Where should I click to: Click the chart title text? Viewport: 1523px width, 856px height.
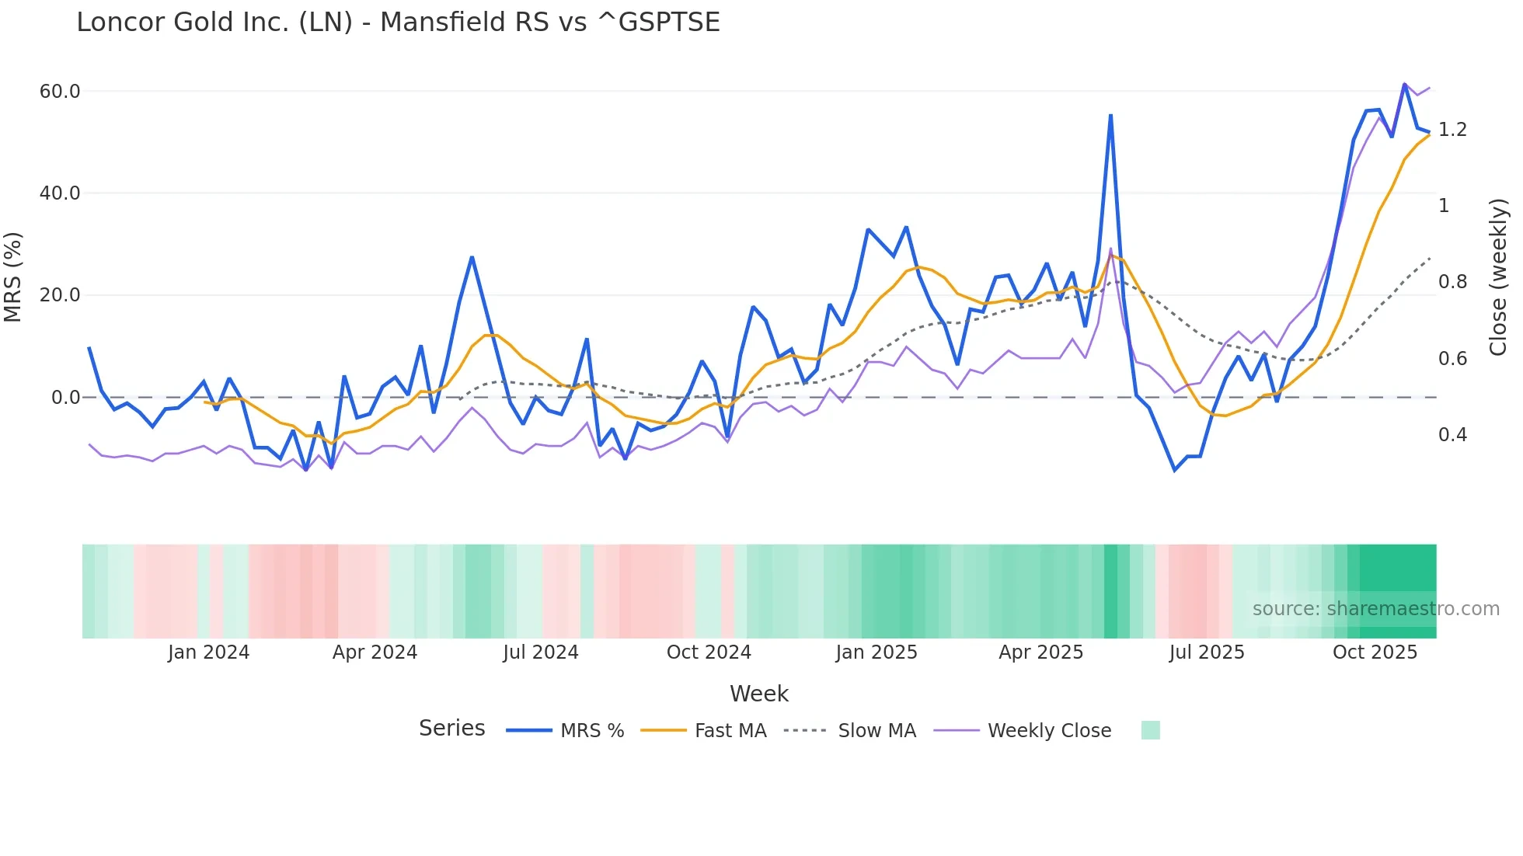click(398, 22)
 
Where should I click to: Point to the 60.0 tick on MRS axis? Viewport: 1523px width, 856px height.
click(60, 92)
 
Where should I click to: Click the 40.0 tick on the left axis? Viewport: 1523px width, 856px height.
click(60, 193)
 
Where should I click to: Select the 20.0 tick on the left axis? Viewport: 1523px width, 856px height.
click(60, 295)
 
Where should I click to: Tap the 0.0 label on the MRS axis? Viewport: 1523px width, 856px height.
click(66, 398)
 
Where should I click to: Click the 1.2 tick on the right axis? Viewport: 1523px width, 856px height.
click(1452, 130)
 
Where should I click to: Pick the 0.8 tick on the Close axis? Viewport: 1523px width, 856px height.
click(1452, 282)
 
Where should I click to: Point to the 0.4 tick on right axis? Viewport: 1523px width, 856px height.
click(1452, 435)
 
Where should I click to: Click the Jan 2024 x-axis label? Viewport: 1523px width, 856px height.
click(208, 652)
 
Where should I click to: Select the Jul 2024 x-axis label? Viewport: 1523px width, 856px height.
click(541, 652)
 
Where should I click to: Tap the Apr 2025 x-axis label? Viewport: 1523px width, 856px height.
click(1040, 652)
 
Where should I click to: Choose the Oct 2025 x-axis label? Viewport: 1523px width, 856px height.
click(1375, 652)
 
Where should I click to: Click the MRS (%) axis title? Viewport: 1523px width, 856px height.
click(12, 277)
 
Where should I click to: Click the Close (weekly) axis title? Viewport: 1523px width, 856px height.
click(1498, 277)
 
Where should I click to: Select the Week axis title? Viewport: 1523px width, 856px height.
click(758, 694)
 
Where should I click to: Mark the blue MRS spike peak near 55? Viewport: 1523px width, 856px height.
click(1110, 116)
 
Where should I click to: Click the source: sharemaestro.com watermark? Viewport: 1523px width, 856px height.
click(1375, 609)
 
